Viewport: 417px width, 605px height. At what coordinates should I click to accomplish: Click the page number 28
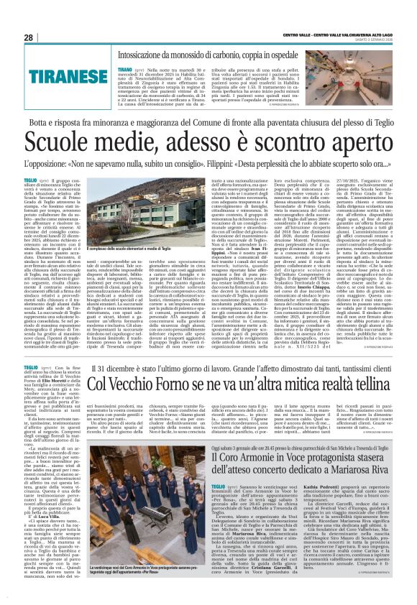[28, 37]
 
